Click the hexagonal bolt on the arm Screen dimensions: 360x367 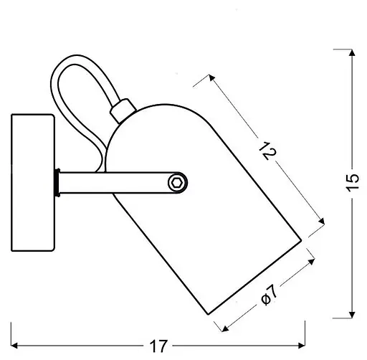pos(176,184)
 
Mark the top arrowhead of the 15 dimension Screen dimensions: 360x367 pos(351,52)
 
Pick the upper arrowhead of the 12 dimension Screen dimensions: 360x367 pos(211,77)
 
